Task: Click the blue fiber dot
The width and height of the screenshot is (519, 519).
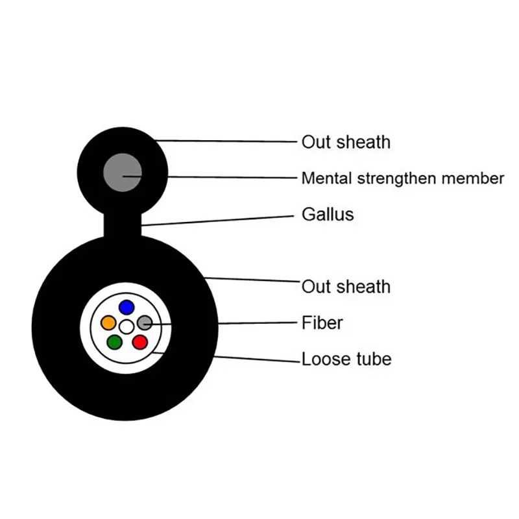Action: pos(127,307)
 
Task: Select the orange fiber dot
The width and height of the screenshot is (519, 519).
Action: pos(108,322)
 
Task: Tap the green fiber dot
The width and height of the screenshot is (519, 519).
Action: pos(115,341)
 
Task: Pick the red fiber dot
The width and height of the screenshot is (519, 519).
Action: pos(139,341)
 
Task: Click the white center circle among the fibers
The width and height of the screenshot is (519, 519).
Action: pos(127,326)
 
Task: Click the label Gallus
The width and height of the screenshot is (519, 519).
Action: pos(328,214)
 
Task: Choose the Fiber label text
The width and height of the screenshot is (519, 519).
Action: pos(322,322)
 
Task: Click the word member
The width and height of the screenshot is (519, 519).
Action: pos(479,178)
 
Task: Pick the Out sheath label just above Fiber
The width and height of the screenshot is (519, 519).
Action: pos(346,286)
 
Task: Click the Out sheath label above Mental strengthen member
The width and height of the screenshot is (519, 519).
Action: pos(346,141)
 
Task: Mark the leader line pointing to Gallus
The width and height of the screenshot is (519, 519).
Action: pos(221,220)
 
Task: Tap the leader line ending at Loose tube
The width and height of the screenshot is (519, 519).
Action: pos(259,358)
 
